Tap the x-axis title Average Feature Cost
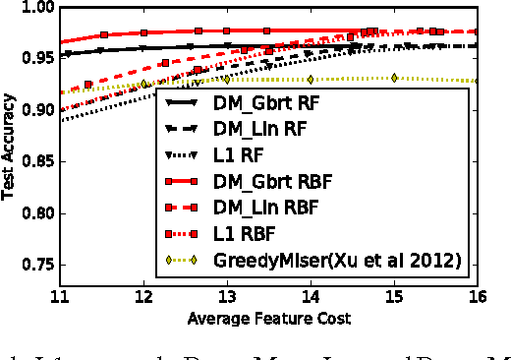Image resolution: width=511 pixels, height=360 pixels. point(268,320)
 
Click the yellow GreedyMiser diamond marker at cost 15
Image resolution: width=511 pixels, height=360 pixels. point(393,77)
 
